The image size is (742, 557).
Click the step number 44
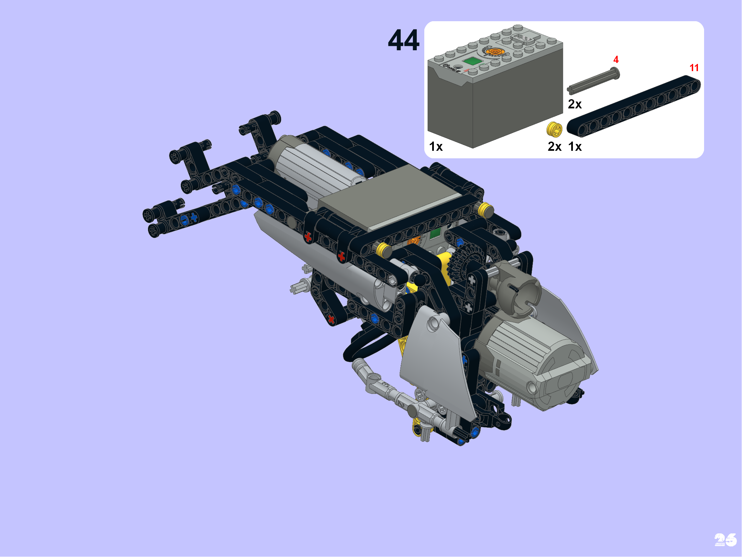[x=403, y=40]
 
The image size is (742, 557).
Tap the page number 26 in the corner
[x=725, y=540]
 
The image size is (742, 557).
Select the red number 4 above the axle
[x=616, y=59]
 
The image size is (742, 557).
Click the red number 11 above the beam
[x=694, y=68]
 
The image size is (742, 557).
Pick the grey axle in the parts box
[x=593, y=80]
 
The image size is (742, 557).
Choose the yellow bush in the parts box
[x=554, y=130]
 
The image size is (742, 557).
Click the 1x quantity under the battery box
[x=436, y=147]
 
